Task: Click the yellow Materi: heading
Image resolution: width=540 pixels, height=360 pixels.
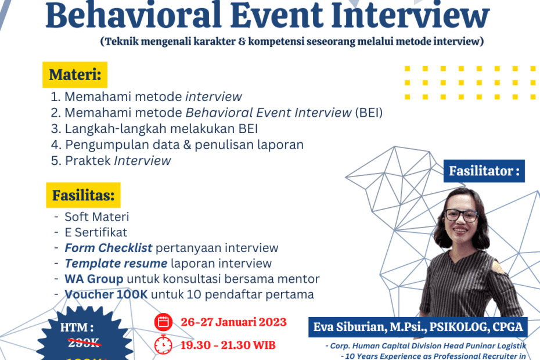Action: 75,74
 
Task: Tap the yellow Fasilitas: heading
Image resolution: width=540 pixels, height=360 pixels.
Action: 83,195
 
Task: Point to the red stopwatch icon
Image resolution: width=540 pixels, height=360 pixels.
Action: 164,344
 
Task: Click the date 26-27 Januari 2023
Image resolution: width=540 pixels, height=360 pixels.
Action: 233,322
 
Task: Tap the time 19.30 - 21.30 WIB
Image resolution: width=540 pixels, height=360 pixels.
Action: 228,344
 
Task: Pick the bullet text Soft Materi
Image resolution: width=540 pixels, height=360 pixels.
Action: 96,217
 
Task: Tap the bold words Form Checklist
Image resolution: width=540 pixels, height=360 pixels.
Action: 109,248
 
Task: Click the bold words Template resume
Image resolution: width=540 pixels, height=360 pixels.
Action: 116,264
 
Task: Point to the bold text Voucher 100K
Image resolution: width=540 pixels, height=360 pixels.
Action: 106,294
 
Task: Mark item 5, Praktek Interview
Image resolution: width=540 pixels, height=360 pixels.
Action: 118,161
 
